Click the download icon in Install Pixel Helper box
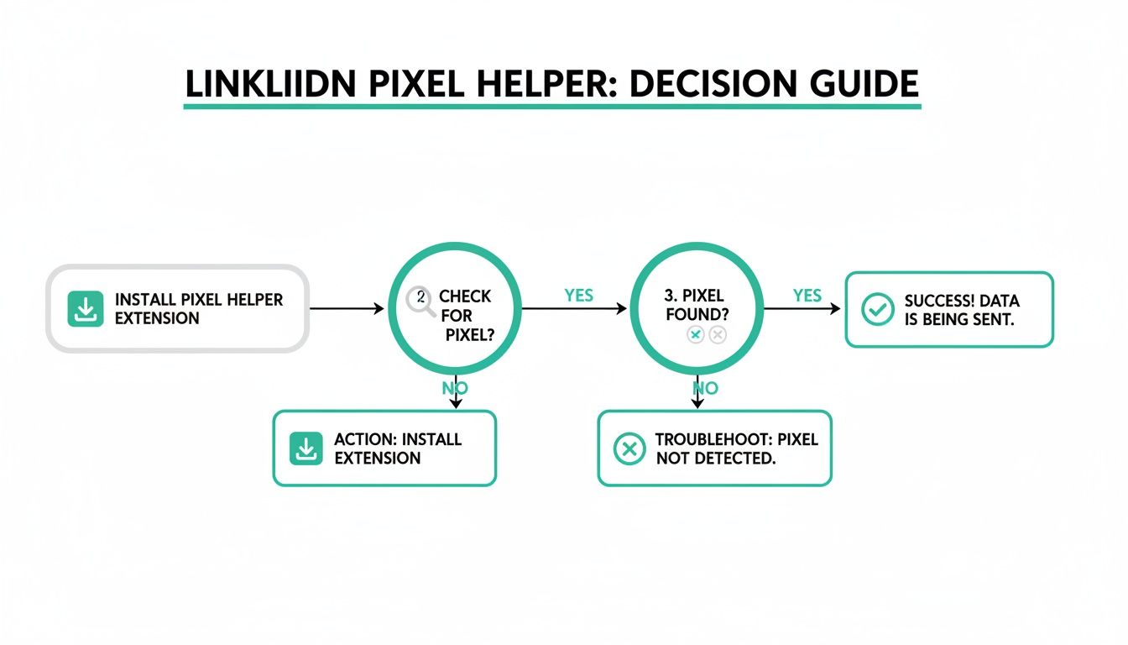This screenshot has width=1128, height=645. [x=85, y=309]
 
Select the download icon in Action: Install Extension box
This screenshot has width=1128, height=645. [x=306, y=448]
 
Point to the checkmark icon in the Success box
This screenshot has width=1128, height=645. [x=878, y=309]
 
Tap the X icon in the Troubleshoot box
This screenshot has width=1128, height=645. [x=629, y=448]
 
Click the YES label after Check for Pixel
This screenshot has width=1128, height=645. [x=578, y=296]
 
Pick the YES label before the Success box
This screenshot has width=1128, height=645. [x=807, y=296]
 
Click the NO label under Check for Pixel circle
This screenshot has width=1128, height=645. [x=455, y=388]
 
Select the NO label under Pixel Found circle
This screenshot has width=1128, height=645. [x=705, y=388]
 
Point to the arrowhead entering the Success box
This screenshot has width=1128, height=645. [x=835, y=309]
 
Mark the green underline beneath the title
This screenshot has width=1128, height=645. [x=551, y=107]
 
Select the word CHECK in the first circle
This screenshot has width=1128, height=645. [x=465, y=297]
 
